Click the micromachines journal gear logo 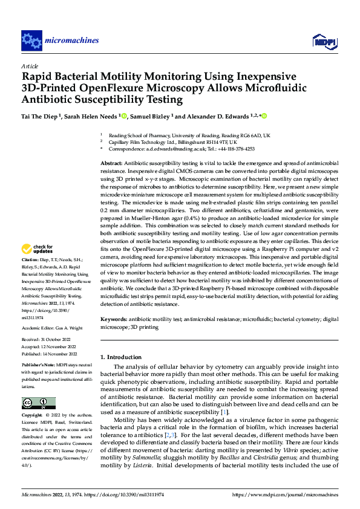tap(31, 41)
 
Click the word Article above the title tap(30, 66)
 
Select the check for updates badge tap(38, 265)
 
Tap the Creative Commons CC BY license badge tap(38, 403)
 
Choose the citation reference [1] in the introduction tap(224, 412)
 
